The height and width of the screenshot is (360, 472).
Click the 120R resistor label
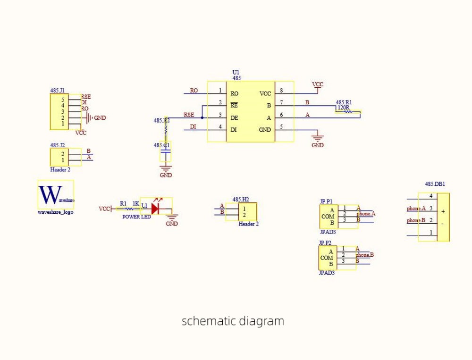pyautogui.click(x=343, y=108)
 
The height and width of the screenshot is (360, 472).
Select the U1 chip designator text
pyautogui.click(x=236, y=72)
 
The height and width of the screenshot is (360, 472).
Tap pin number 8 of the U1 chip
pyautogui.click(x=282, y=91)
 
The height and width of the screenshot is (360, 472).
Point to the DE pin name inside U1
pyautogui.click(x=234, y=118)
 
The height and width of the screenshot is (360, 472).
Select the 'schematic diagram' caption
pyautogui.click(x=233, y=321)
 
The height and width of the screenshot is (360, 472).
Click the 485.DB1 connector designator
pyautogui.click(x=435, y=184)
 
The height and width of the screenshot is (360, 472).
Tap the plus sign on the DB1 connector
pyautogui.click(x=443, y=212)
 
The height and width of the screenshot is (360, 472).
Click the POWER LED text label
pyautogui.click(x=137, y=217)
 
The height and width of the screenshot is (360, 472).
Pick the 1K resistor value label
pyautogui.click(x=136, y=204)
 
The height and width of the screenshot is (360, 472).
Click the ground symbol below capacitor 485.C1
pyautogui.click(x=165, y=167)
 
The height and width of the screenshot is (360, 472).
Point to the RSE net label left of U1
pyautogui.click(x=189, y=115)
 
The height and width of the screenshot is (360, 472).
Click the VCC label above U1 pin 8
pyautogui.click(x=318, y=84)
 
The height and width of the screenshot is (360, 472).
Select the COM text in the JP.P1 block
pyautogui.click(x=328, y=217)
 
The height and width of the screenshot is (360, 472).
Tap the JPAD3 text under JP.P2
pyautogui.click(x=327, y=273)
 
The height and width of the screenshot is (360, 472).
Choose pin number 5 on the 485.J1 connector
pyautogui.click(x=62, y=100)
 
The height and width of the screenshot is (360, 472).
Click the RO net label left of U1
pyautogui.click(x=194, y=91)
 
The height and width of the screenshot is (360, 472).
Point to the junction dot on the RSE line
pyautogui.click(x=202, y=118)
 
